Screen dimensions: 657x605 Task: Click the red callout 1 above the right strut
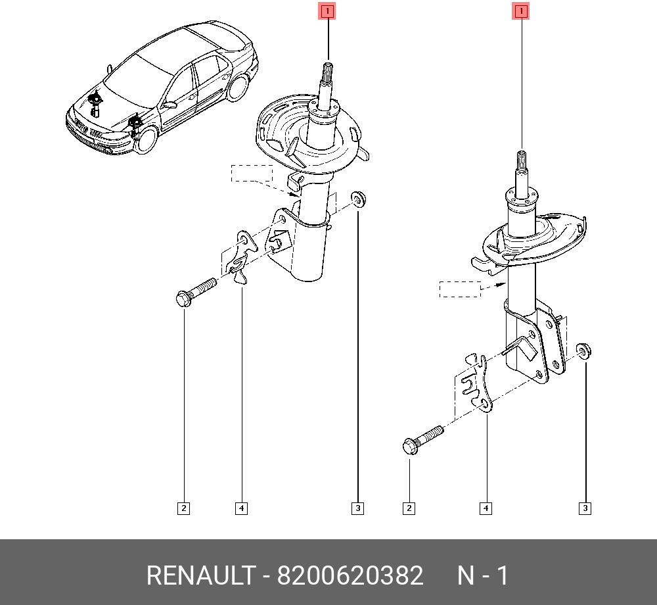tap(521, 11)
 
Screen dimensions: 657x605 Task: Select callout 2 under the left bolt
tap(183, 508)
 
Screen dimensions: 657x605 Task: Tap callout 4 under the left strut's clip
tap(241, 508)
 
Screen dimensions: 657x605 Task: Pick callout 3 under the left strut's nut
tap(357, 508)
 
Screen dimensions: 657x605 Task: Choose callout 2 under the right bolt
tap(409, 508)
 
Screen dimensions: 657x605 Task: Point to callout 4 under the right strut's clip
tap(486, 508)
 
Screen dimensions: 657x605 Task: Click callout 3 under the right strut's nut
tap(585, 508)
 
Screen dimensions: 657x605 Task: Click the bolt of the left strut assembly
tap(196, 292)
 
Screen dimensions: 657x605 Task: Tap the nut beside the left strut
tap(358, 199)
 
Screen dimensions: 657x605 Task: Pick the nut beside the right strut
tap(583, 351)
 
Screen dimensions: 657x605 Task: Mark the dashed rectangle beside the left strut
tap(252, 174)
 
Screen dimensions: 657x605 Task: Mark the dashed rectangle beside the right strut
tap(460, 289)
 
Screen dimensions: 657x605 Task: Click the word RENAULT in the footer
tap(201, 575)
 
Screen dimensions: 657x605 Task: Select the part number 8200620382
tap(350, 575)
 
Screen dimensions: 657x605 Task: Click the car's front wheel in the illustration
tap(147, 139)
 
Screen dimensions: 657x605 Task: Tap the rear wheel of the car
tap(238, 88)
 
